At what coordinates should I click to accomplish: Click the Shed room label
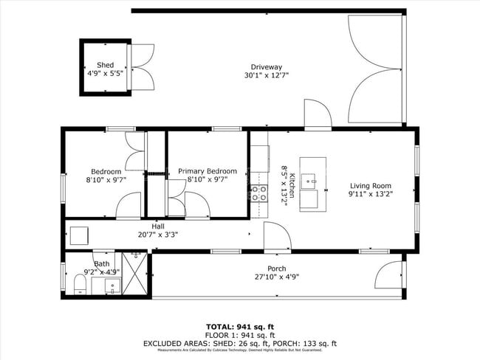[105, 65]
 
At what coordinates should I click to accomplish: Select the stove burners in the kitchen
[259, 193]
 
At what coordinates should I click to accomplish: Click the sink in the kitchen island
[312, 179]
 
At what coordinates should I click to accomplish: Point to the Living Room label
[370, 186]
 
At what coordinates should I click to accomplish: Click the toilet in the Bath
[80, 283]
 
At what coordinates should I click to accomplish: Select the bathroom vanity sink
[112, 285]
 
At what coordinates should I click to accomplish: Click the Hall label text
[158, 226]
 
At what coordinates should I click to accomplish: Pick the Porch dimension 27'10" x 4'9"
[277, 278]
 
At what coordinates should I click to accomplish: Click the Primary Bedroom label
[208, 171]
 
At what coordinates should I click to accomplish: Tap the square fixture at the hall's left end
[79, 235]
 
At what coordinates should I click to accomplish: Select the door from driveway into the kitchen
[318, 116]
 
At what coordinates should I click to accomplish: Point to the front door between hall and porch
[278, 238]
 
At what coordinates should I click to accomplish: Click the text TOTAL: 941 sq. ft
[239, 325]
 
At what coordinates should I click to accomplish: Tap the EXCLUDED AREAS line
[239, 344]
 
